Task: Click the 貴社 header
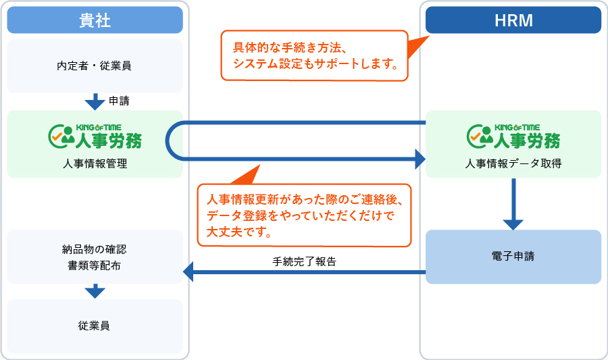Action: click(95, 20)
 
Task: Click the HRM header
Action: click(513, 20)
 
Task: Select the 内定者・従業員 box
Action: click(95, 66)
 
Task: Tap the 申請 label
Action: click(119, 101)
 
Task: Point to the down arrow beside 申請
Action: click(95, 102)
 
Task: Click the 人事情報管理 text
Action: click(95, 163)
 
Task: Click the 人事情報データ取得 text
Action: click(513, 163)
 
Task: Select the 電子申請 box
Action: click(513, 257)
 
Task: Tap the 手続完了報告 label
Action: click(305, 261)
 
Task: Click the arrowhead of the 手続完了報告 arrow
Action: click(189, 273)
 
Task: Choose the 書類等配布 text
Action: click(95, 265)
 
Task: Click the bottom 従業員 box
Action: click(95, 326)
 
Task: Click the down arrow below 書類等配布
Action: click(95, 291)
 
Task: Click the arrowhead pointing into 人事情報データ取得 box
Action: click(420, 159)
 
